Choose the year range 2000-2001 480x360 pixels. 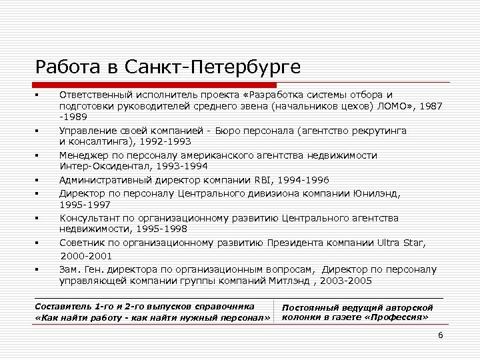[x=87, y=256]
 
